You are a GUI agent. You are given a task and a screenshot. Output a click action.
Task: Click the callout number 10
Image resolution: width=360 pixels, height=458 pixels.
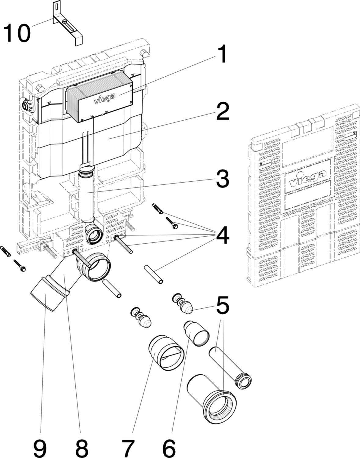click(x=17, y=33)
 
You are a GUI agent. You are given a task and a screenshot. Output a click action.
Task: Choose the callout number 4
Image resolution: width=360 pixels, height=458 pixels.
click(x=223, y=235)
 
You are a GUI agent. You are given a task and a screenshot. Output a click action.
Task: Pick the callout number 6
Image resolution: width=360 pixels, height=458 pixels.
click(x=169, y=449)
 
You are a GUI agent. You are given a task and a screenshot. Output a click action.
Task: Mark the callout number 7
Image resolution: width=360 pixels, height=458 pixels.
click(x=128, y=449)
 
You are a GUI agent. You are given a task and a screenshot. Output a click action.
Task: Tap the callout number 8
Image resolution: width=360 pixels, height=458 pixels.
click(x=82, y=449)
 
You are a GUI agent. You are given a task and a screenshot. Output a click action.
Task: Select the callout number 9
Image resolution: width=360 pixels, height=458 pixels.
click(x=40, y=449)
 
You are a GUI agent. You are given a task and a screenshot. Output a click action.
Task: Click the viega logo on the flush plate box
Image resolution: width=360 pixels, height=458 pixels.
click(x=104, y=98)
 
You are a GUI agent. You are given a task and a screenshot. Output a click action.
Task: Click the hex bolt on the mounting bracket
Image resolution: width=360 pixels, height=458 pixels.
click(x=64, y=21)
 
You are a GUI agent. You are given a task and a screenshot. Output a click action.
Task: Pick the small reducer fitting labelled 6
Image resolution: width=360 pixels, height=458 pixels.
click(x=196, y=333)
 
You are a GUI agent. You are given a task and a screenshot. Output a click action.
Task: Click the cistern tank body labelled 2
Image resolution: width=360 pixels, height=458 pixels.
click(x=89, y=145)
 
